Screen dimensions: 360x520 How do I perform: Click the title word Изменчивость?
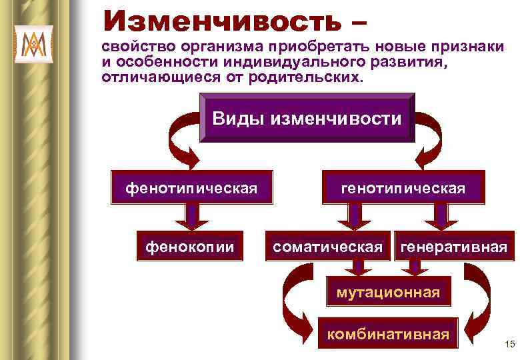pos(219,19)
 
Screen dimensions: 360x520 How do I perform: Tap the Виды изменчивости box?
pos(307,119)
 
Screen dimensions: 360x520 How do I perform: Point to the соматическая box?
pos(328,247)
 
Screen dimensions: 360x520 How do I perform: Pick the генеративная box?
pos(453,247)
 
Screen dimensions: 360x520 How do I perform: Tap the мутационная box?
pos(388,292)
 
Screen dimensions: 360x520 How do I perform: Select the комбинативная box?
pos(388,333)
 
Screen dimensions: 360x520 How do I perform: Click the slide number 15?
pos(511,344)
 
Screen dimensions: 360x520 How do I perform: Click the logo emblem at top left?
pos(33,45)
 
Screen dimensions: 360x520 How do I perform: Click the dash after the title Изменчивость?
pos(356,21)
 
